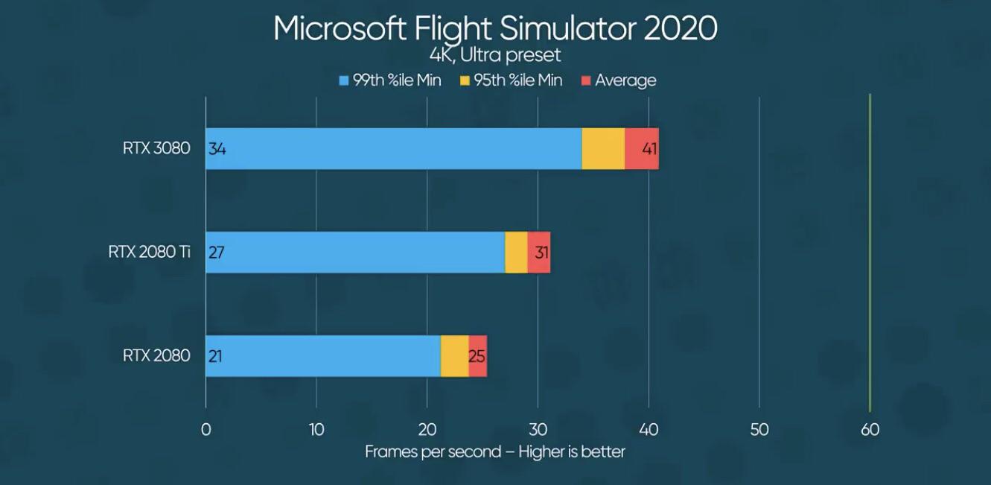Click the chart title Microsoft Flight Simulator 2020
(495, 28)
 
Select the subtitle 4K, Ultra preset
(495, 56)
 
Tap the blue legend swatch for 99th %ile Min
(343, 80)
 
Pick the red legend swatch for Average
(585, 80)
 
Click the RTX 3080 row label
(156, 148)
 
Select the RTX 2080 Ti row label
(149, 252)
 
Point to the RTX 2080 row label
(156, 355)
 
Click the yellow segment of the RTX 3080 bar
(602, 148)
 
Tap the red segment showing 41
(642, 148)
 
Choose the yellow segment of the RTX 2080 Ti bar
(516, 252)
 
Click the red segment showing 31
(539, 252)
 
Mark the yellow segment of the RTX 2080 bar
(454, 355)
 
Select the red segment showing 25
(477, 355)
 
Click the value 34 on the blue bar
(217, 148)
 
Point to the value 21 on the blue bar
(216, 355)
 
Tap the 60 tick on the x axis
(870, 429)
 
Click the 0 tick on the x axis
(205, 429)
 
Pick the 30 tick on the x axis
(538, 429)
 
